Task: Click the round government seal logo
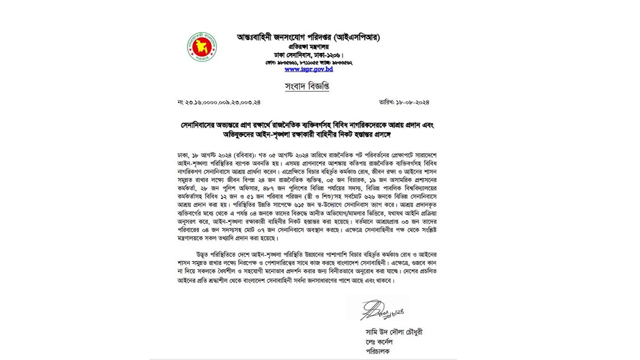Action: click(202, 46)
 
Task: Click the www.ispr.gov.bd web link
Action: click(308, 69)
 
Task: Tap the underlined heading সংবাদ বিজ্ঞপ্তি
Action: click(307, 86)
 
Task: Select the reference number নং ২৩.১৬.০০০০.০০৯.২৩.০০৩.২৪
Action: click(219, 102)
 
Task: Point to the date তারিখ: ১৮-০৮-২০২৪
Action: click(404, 102)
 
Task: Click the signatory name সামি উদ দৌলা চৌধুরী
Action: click(394, 332)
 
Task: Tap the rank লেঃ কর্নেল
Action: click(379, 341)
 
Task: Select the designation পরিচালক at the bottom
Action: click(377, 351)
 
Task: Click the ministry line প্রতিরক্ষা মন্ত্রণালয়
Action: click(308, 45)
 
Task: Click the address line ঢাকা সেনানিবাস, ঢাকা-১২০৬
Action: click(308, 54)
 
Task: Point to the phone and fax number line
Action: click(308, 62)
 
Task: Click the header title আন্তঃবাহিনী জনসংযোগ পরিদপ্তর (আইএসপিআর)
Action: click(308, 37)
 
